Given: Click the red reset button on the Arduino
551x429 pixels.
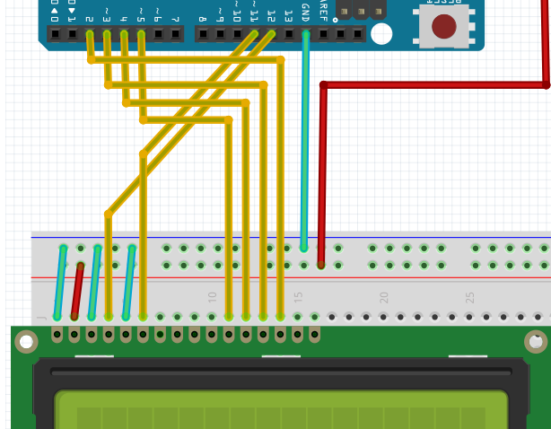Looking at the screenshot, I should coord(443,26).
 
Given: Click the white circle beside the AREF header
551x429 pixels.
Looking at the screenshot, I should coord(381,34).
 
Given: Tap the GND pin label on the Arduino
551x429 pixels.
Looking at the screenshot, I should coord(306,13).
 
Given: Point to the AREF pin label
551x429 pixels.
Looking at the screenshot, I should coord(323,12).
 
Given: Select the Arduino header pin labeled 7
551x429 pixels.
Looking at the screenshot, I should coord(176,34).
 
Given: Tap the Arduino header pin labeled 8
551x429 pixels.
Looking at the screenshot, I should coord(203,34).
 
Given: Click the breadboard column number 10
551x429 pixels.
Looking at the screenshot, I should coord(213,296).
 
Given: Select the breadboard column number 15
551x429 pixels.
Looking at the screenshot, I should coord(299,296).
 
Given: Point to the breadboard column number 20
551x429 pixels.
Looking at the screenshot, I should coord(384,296).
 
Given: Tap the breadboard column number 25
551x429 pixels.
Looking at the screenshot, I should coord(469,296).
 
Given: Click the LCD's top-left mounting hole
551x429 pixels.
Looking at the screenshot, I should coord(27,341).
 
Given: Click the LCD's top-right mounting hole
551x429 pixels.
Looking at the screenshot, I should coord(536,341).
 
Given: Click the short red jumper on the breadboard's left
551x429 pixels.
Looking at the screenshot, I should coord(77,291).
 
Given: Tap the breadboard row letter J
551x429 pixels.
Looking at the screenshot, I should coord(41,318).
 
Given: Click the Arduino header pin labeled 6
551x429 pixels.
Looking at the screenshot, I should coord(159,34).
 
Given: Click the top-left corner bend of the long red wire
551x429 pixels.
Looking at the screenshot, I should coord(324,86).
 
